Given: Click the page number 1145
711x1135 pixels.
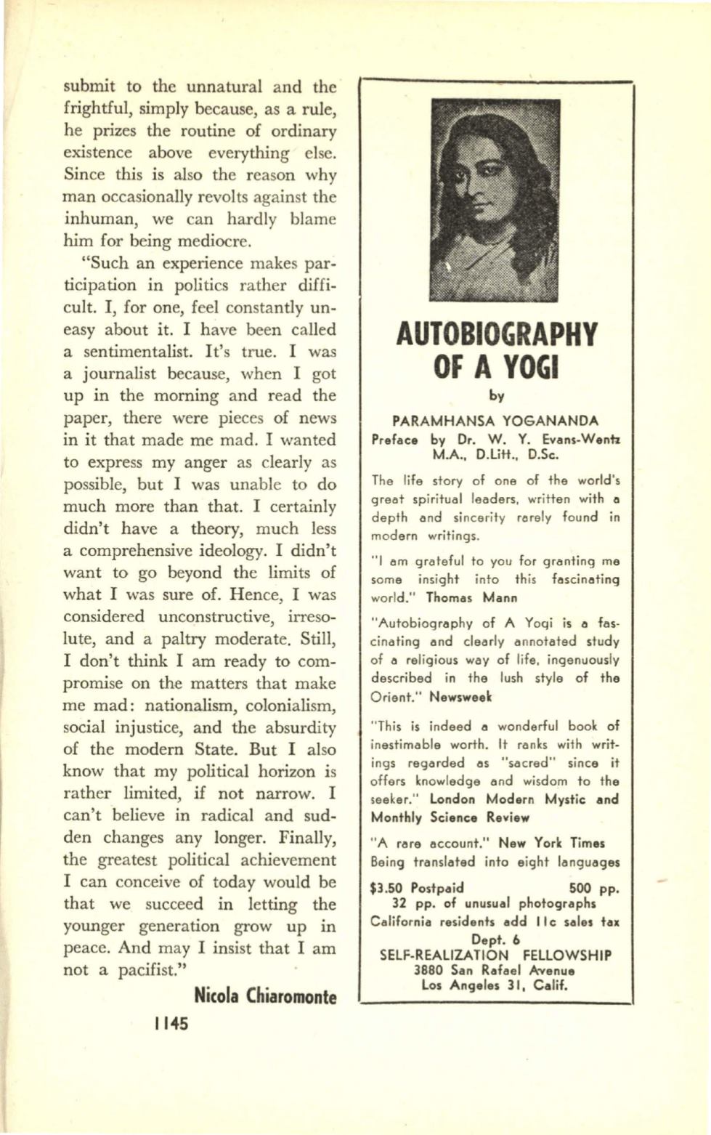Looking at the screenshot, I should tap(171, 1023).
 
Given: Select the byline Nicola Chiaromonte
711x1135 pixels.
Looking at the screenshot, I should tap(265, 995).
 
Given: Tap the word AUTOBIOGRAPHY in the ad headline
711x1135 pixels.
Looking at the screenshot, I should tap(496, 335).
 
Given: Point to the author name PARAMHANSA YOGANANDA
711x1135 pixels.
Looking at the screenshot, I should tap(495, 421).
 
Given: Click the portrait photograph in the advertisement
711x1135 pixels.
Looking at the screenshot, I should tap(495, 200).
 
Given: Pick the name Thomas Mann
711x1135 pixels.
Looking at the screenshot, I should tap(471, 598).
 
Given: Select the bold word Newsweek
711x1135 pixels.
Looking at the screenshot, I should tap(460, 697).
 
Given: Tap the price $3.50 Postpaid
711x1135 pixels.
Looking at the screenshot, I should tap(417, 888).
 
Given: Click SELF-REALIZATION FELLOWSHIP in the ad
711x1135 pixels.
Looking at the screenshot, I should tap(495, 955).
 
